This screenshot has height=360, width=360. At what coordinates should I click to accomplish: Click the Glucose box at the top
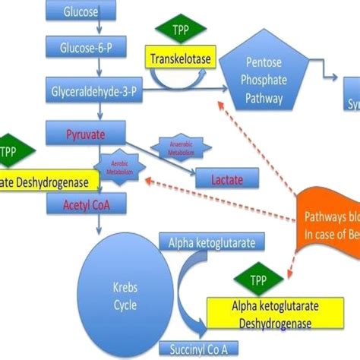80,11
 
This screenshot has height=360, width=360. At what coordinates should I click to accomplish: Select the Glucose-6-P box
80,49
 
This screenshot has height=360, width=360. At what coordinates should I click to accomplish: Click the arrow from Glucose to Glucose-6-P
80,29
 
